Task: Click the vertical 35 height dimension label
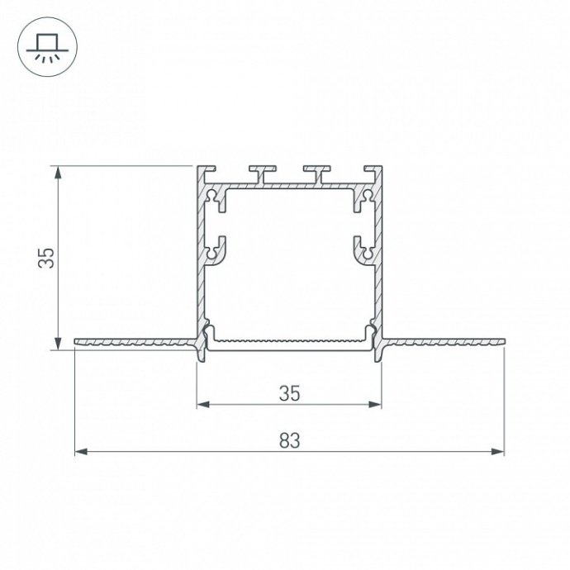tap(47, 258)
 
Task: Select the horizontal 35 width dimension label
tap(288, 394)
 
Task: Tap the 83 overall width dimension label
tap(288, 441)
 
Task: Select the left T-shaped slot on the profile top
tap(260, 173)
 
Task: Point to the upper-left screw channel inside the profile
tap(215, 197)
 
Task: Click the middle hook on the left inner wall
tap(216, 249)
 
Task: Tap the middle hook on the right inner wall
tap(361, 249)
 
